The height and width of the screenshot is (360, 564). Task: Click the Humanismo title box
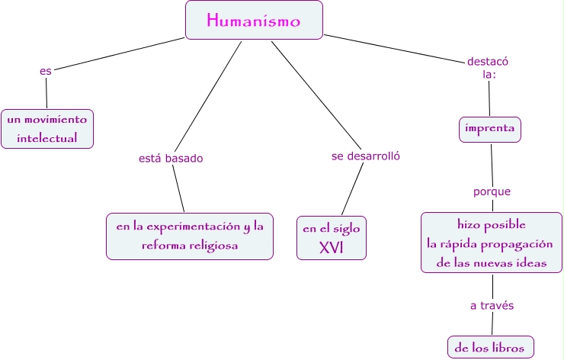pos(254,21)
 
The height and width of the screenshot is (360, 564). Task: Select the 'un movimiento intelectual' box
pos(47,128)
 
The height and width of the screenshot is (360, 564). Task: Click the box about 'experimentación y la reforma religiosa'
pos(189,236)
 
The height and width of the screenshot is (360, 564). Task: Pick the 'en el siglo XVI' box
pos(332,237)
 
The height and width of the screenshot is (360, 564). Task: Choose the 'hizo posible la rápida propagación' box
pos(492,243)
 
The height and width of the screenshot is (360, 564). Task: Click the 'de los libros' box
pos(490,347)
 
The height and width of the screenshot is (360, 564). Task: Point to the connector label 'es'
pos(46,71)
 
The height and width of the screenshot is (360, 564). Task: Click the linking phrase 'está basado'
pos(171,159)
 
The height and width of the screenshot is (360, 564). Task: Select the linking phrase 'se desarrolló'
pos(366,156)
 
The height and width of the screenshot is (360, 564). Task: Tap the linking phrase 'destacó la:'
pos(488,68)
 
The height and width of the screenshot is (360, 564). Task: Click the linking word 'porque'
pos(492,191)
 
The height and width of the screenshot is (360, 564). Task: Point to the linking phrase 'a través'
pos(491,306)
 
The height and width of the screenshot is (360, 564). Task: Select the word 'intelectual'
pos(47,138)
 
